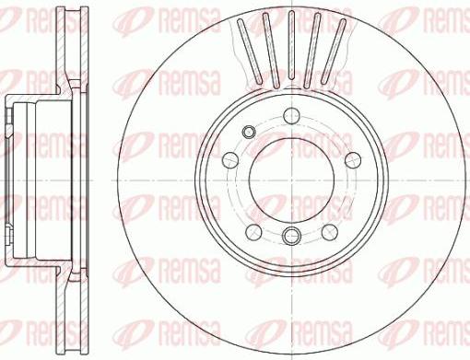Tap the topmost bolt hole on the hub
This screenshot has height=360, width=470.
[291, 114]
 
